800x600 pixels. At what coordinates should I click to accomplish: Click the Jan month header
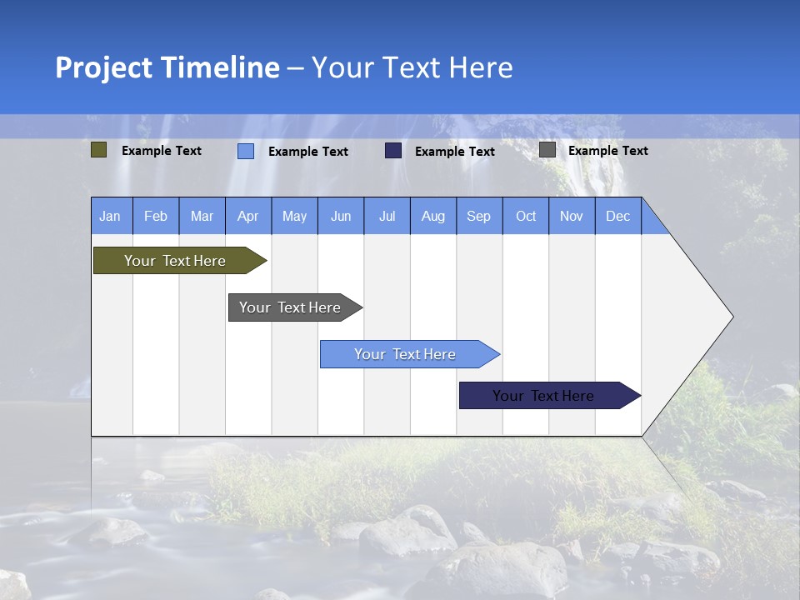(111, 216)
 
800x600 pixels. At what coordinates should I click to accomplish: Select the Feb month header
(156, 216)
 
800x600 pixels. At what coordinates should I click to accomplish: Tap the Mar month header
(202, 216)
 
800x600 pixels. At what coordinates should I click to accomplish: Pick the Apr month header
(248, 216)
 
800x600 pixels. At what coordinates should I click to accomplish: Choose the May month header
(294, 216)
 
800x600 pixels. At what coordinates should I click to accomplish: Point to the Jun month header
(341, 216)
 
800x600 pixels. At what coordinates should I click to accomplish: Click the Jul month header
(387, 216)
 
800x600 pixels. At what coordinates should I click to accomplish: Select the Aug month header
(433, 216)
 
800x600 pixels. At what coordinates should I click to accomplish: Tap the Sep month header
(479, 216)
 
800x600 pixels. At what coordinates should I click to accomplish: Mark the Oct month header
(526, 216)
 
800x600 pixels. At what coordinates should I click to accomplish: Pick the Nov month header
(572, 216)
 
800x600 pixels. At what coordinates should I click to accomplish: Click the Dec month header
(618, 216)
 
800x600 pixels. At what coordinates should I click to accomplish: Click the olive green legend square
(99, 150)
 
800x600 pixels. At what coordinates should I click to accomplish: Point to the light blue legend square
(246, 151)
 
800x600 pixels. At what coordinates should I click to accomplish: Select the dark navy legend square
(393, 150)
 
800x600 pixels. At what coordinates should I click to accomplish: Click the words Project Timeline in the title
(167, 67)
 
